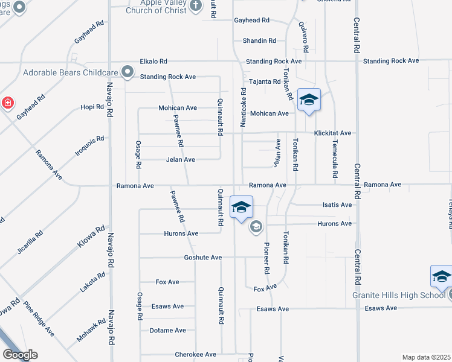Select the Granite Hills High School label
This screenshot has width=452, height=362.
point(399,296)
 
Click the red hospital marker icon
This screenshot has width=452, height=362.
point(7,103)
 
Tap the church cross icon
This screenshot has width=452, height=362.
point(195,6)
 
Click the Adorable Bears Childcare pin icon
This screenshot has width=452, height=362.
point(128,72)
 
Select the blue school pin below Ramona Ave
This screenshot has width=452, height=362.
point(241,208)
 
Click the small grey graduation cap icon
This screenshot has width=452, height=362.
point(256,227)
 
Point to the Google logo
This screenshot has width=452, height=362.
point(20,355)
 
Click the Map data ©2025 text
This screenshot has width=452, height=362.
point(427,357)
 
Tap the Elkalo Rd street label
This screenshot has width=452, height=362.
point(153,62)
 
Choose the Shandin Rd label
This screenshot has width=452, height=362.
point(259,41)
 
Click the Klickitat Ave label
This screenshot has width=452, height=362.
point(332,133)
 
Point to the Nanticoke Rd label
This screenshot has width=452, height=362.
point(244,107)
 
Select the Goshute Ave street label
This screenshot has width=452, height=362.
point(203,258)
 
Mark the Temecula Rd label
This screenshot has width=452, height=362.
point(334,158)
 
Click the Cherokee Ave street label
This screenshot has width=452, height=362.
point(195,355)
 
